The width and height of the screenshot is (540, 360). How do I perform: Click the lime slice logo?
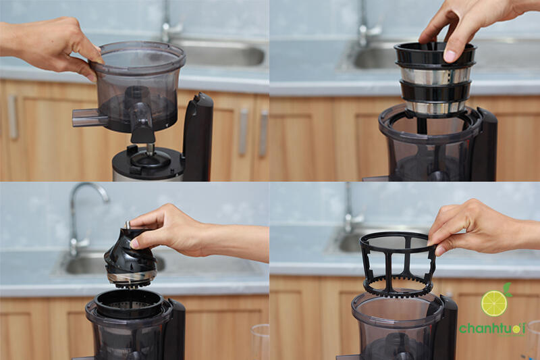pyautogui.click(x=495, y=303)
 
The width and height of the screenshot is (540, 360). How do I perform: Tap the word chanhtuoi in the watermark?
pyautogui.click(x=492, y=329)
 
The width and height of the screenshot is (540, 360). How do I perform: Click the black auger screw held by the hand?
pyautogui.click(x=130, y=258)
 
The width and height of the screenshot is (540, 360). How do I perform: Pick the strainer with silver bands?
pyautogui.click(x=435, y=79)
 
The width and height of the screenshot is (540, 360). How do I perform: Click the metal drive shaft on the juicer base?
pyautogui.click(x=151, y=149)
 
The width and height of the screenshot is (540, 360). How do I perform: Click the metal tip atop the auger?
pyautogui.click(x=127, y=224)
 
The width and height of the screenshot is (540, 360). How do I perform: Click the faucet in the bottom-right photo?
pyautogui.click(x=352, y=210)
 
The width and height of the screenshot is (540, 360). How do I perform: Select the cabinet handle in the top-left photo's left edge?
pyautogui.click(x=12, y=117)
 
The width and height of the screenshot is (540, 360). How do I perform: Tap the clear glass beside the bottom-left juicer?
pyautogui.click(x=261, y=342)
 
